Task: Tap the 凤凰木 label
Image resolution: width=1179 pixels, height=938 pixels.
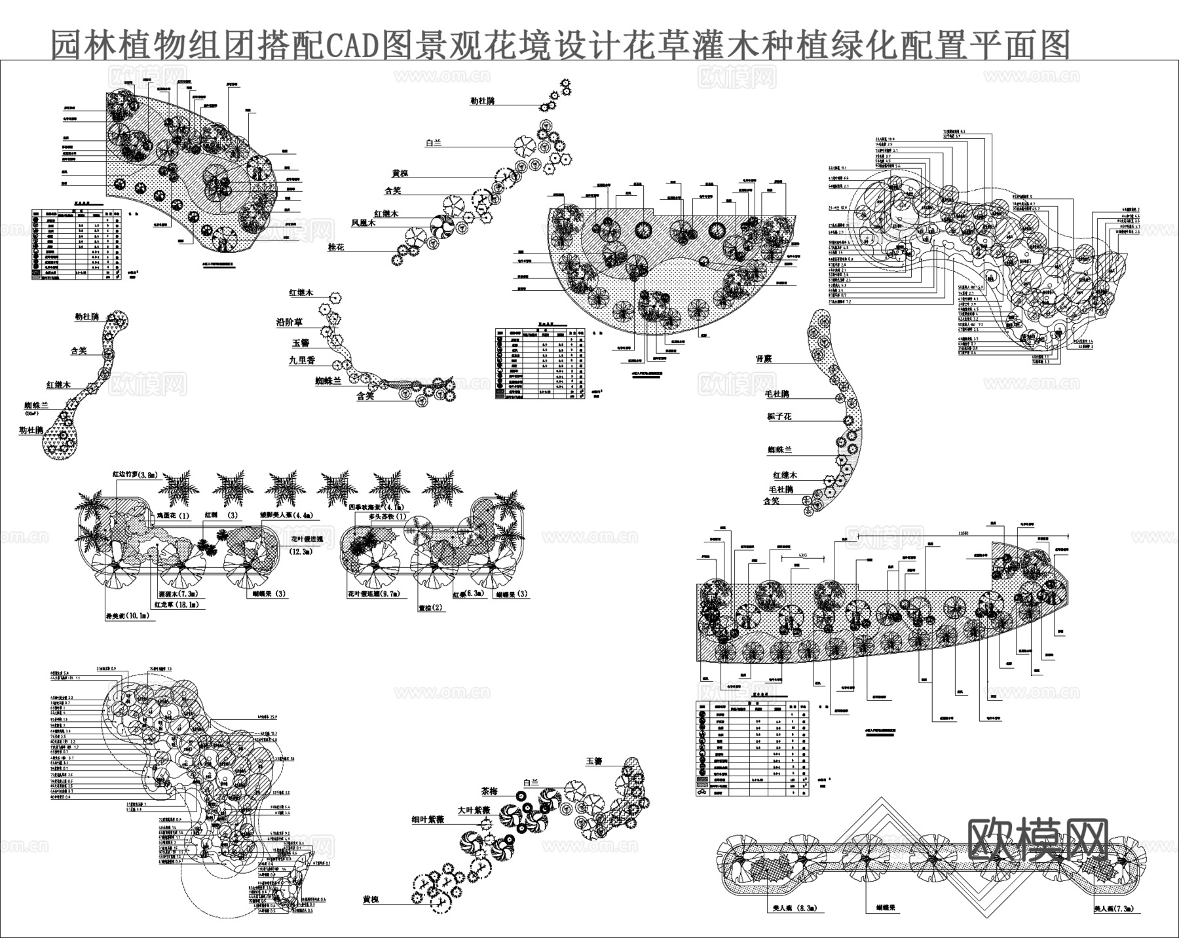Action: pos(363,223)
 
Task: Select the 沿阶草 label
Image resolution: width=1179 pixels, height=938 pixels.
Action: pos(289,322)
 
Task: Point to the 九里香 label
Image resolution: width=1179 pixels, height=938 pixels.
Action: pos(302,360)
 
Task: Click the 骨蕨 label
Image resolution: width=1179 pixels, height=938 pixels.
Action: pos(764,359)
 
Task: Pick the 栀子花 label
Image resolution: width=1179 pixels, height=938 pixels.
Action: pos(779,417)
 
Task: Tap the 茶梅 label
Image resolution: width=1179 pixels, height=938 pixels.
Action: pos(489,791)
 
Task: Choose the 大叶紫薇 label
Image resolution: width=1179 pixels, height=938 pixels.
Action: pos(474,810)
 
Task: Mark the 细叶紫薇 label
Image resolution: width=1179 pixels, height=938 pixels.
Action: pos(428,819)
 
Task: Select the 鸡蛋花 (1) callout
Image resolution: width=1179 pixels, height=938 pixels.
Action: pos(173,516)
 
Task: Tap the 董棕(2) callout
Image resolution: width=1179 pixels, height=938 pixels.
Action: pos(430,607)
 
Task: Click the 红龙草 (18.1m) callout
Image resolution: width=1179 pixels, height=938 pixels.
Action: pos(179,605)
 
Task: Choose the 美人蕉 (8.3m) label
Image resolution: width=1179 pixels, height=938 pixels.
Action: pos(793,909)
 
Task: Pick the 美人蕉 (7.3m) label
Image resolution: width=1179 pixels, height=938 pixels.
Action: pos(1117,909)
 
